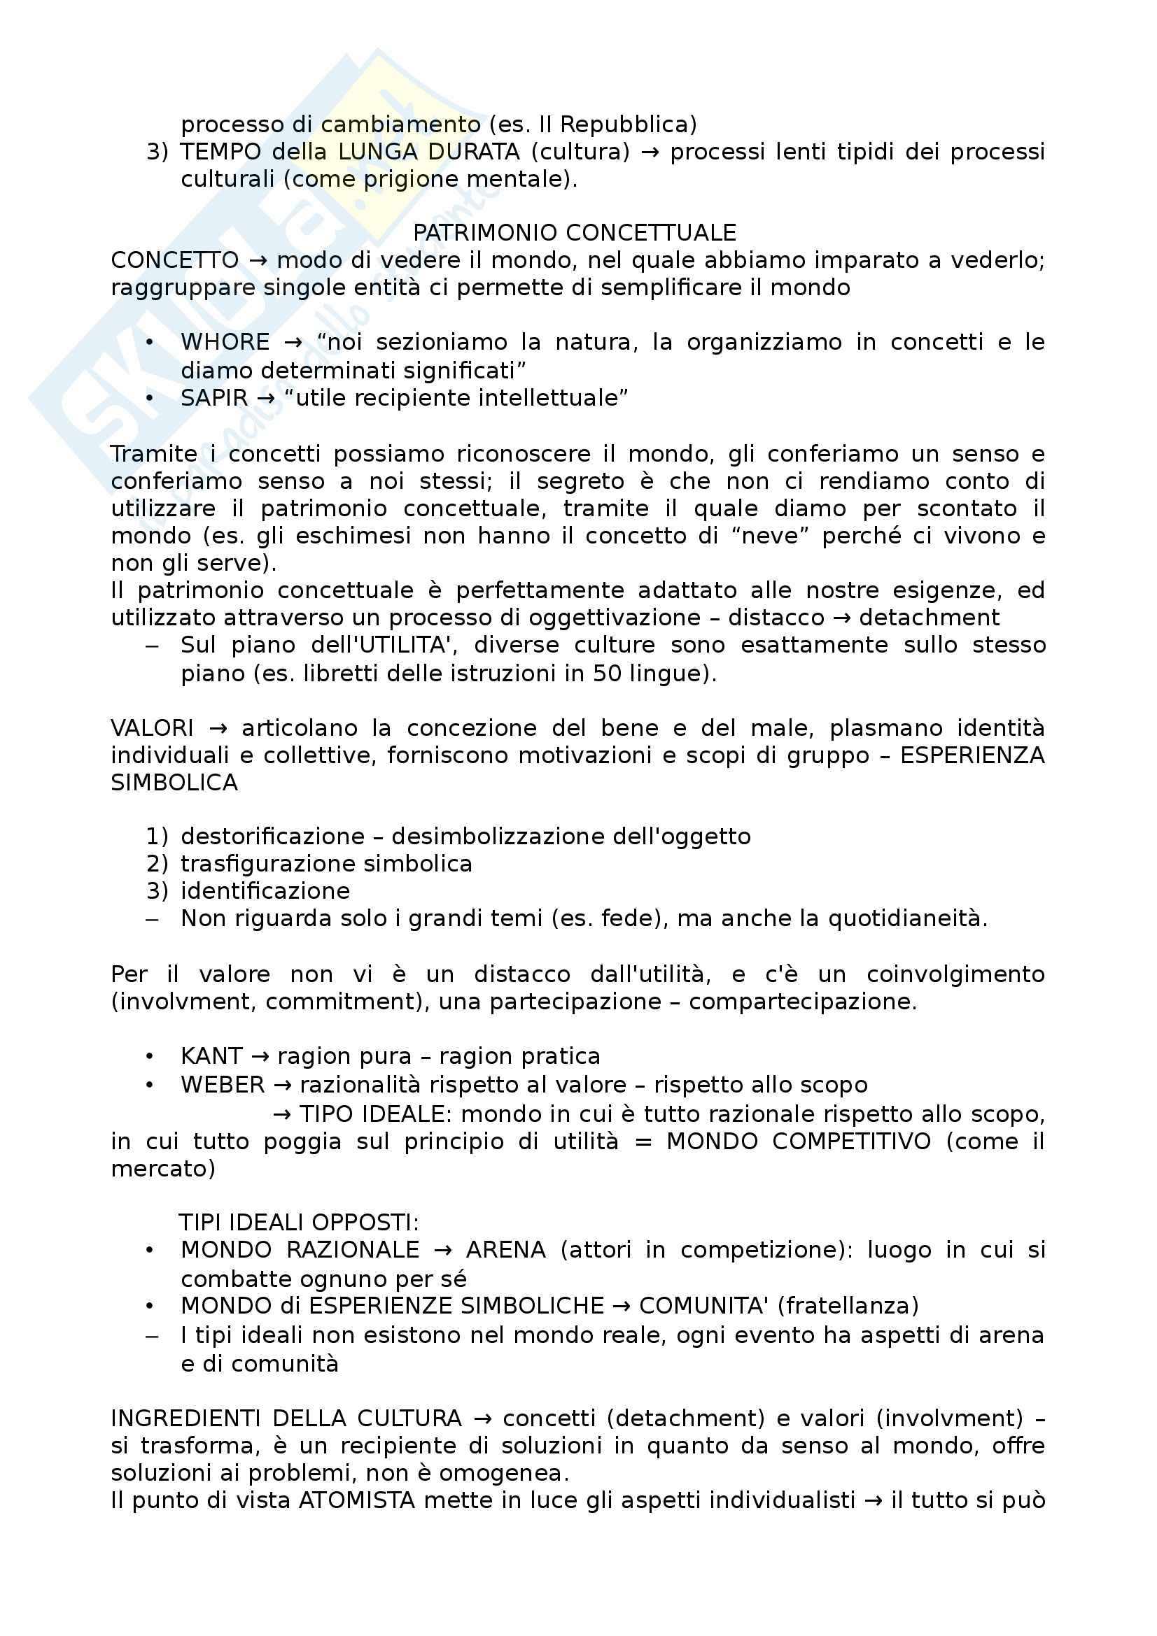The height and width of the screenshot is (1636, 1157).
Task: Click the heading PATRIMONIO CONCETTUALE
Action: tap(575, 233)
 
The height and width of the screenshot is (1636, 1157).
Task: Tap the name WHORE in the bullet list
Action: tap(225, 343)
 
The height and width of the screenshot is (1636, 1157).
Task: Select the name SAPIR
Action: tap(214, 397)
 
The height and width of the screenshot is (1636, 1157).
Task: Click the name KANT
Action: tap(211, 1055)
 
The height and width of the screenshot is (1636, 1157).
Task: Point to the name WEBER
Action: tap(223, 1085)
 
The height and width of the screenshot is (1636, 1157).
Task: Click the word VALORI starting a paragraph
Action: tap(152, 728)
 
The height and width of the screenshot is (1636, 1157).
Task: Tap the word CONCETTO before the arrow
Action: tap(175, 261)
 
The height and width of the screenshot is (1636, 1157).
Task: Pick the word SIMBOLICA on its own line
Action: tap(174, 783)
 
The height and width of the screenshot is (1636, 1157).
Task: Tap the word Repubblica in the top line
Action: tap(628, 125)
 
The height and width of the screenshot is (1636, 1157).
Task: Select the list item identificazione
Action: tap(265, 890)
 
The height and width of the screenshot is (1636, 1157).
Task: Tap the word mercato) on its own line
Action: tap(163, 1169)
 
